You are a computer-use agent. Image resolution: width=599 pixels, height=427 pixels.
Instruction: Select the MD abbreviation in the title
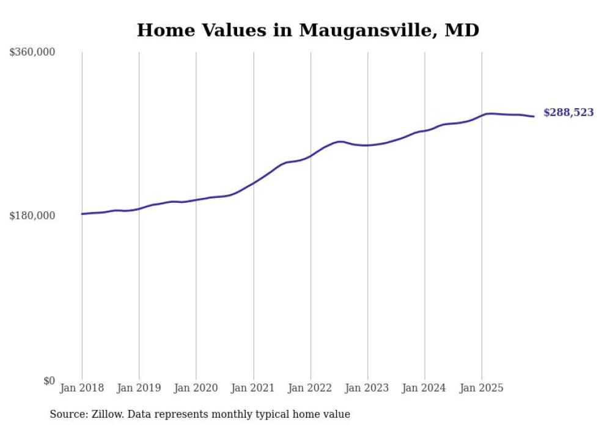[x=461, y=30]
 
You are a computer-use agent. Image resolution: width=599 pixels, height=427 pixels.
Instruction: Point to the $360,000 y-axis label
[x=32, y=53]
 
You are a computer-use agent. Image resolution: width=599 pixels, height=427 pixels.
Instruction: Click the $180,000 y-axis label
[x=32, y=216]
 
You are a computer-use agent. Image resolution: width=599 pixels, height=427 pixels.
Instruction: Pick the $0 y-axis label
[x=49, y=381]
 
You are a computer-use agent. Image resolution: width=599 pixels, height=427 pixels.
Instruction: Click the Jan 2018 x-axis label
[x=82, y=388]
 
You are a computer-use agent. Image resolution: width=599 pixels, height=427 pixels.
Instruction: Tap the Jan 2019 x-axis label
[x=139, y=388]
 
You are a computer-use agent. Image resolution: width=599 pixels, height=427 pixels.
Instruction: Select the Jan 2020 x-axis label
[x=196, y=388]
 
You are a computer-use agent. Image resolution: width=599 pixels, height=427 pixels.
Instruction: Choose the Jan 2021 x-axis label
[x=253, y=388]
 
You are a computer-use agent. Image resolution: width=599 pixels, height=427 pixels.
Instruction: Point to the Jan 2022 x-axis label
[x=311, y=388]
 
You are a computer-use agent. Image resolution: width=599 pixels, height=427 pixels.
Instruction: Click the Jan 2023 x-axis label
[x=367, y=388]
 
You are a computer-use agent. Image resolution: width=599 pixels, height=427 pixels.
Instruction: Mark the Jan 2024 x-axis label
[x=425, y=388]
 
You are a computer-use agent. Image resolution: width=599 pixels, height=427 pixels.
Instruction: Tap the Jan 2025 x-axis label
[x=482, y=388]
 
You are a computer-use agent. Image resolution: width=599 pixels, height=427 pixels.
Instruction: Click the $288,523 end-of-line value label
[x=568, y=112]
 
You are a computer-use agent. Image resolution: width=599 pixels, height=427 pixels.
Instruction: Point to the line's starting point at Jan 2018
[x=82, y=214]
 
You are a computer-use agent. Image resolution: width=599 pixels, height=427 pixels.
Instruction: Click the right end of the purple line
[x=534, y=116]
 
